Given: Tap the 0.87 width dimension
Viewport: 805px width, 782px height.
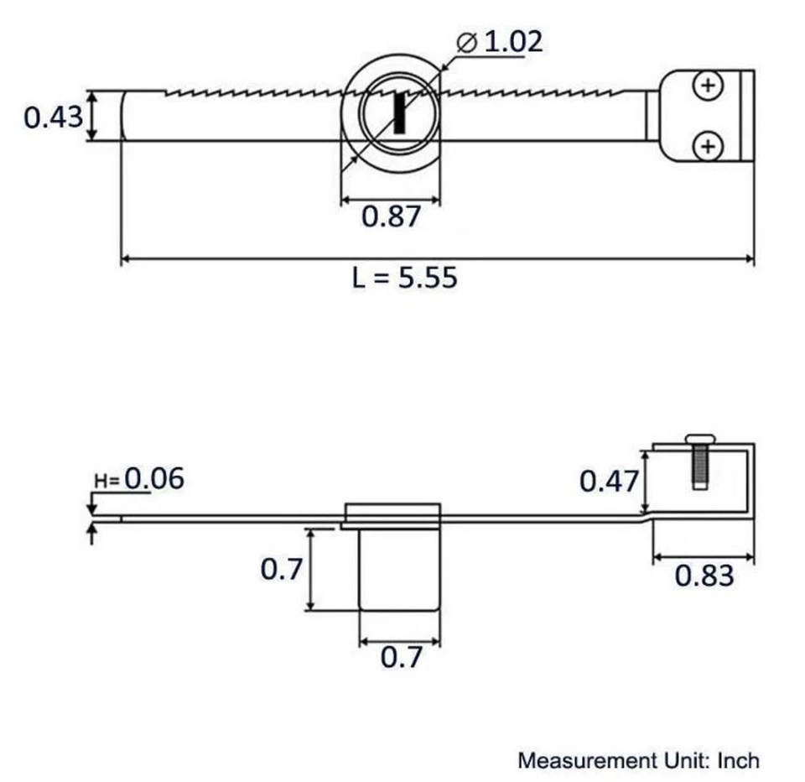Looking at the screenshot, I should point(390,216).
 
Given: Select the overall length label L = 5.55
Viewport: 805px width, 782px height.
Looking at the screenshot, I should point(405,278).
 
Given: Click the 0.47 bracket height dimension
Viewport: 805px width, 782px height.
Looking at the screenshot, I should point(609,482).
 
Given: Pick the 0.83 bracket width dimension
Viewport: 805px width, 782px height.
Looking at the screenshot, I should point(704,576).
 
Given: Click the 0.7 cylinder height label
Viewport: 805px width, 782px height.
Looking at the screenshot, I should point(280,570).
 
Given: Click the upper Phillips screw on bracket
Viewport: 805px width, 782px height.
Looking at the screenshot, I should point(709,86).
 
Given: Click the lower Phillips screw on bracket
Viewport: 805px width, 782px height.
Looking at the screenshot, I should point(709,147).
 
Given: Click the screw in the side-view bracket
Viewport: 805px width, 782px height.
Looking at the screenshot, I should point(699,461).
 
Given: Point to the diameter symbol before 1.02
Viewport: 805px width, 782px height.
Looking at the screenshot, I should point(468,41).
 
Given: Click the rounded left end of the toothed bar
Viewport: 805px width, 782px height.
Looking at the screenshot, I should point(126,116).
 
